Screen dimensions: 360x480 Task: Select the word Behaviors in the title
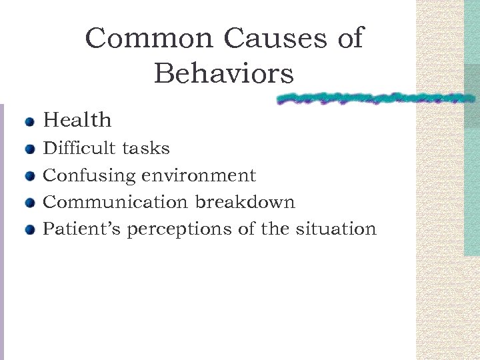click(223, 74)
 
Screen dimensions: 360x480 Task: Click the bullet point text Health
click(77, 121)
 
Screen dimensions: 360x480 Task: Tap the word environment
click(199, 175)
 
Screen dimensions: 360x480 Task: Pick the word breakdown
click(245, 202)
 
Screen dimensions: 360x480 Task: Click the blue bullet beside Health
click(29, 122)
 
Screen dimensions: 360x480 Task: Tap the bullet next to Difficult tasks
click(29, 149)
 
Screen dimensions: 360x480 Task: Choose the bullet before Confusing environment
click(29, 177)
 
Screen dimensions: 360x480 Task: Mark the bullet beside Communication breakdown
click(29, 203)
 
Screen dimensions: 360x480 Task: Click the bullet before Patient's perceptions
click(29, 231)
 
